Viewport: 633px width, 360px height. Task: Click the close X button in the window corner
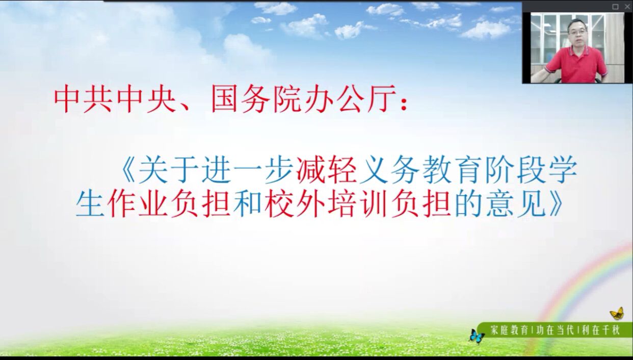(x=627, y=7)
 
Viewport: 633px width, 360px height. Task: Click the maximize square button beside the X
(x=615, y=7)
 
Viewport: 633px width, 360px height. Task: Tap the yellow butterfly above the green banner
(x=617, y=313)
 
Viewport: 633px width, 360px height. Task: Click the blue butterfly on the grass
(x=477, y=337)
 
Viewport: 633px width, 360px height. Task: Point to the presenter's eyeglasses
(x=578, y=32)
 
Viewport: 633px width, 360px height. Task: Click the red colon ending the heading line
(x=404, y=103)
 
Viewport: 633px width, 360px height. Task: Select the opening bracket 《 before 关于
(x=127, y=170)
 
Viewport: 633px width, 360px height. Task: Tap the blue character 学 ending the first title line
(x=563, y=170)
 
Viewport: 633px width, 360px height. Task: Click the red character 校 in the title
(x=278, y=203)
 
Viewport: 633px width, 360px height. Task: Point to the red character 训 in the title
(x=373, y=203)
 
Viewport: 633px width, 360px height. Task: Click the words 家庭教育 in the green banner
(x=509, y=330)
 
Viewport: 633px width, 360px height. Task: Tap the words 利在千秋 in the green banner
(x=601, y=330)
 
